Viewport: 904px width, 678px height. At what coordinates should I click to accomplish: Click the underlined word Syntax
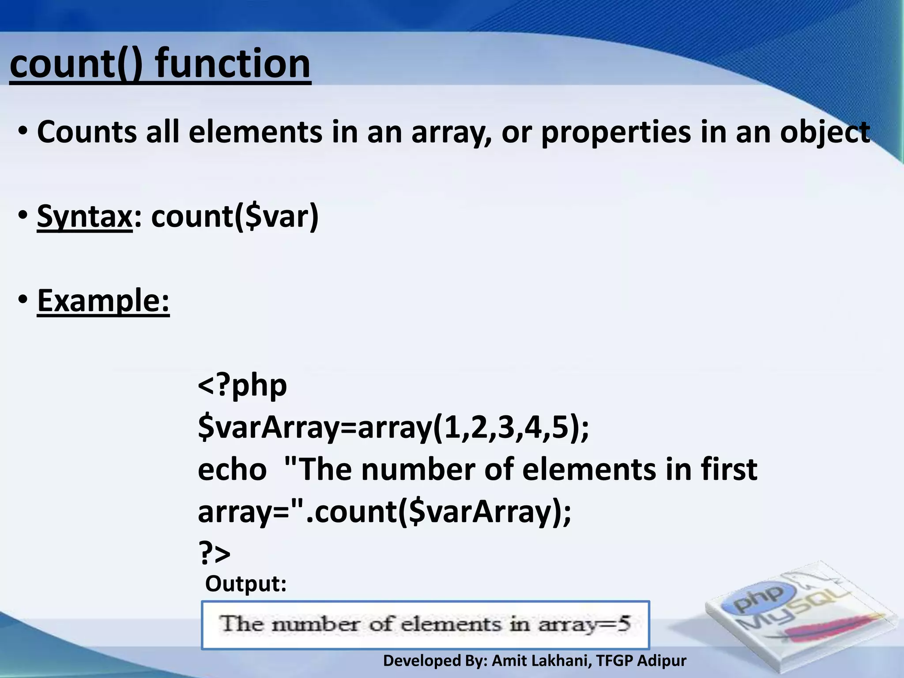84,217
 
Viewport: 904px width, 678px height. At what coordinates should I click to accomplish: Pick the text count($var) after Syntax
234,217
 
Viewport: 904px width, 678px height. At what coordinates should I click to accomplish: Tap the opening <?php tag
242,385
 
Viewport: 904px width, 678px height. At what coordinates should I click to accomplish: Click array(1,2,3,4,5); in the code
473,427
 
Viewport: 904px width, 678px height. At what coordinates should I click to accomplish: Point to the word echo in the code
232,469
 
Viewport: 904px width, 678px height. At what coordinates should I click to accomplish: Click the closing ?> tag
214,553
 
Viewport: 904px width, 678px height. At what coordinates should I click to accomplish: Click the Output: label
246,584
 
